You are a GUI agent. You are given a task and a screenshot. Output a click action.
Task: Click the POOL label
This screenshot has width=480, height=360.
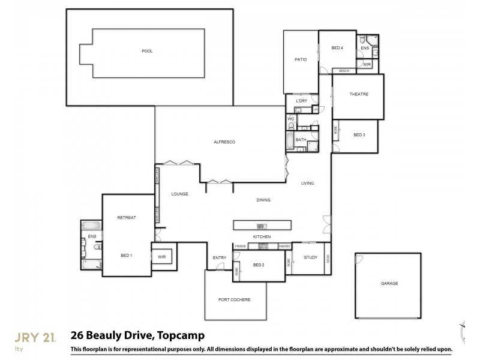point(147,51)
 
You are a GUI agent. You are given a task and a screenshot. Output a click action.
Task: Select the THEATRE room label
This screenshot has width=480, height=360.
point(358,94)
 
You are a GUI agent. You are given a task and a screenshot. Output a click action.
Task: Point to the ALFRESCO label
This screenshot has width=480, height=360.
point(224,142)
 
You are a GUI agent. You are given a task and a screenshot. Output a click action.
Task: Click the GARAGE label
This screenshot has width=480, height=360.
point(389,283)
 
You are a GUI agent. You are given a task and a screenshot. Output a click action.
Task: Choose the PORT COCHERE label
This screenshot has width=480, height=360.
point(235,299)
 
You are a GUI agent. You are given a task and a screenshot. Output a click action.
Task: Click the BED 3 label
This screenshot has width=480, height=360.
point(359,135)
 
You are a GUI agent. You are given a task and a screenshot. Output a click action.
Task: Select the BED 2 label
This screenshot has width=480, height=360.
point(259,264)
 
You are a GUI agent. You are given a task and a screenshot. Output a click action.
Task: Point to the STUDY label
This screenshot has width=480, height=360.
point(310,257)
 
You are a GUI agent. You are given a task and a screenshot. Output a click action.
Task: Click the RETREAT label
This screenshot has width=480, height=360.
point(126,217)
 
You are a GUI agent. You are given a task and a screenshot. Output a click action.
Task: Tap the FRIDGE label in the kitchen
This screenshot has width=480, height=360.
point(240,246)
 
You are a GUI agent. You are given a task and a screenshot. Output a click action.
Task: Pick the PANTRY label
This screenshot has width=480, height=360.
point(284,246)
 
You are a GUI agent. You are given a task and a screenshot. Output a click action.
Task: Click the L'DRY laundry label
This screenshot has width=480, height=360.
point(301,101)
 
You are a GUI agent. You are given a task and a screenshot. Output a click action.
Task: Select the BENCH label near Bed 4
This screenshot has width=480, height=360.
point(344,71)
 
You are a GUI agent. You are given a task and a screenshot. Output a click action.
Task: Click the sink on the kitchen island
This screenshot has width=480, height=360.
point(262,226)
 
